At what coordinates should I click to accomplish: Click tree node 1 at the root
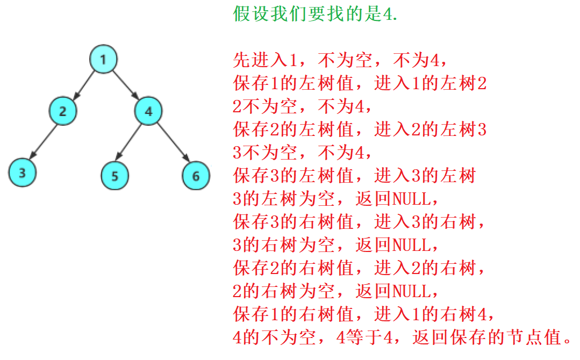[103, 59]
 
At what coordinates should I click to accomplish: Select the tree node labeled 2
[63, 111]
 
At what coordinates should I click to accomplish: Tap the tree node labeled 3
[22, 173]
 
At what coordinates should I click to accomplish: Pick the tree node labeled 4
[148, 111]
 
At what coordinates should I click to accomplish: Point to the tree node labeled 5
[114, 176]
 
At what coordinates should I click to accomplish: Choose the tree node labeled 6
[196, 176]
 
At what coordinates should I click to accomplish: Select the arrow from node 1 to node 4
[125, 85]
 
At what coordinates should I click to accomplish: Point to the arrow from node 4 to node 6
[174, 143]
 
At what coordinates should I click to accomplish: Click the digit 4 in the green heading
[387, 14]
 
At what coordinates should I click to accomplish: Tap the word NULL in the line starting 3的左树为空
[411, 199]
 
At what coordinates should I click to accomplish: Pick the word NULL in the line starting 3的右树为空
[411, 246]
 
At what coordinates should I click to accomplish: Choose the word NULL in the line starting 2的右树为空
[411, 292]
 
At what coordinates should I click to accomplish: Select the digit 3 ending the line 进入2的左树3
[482, 130]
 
